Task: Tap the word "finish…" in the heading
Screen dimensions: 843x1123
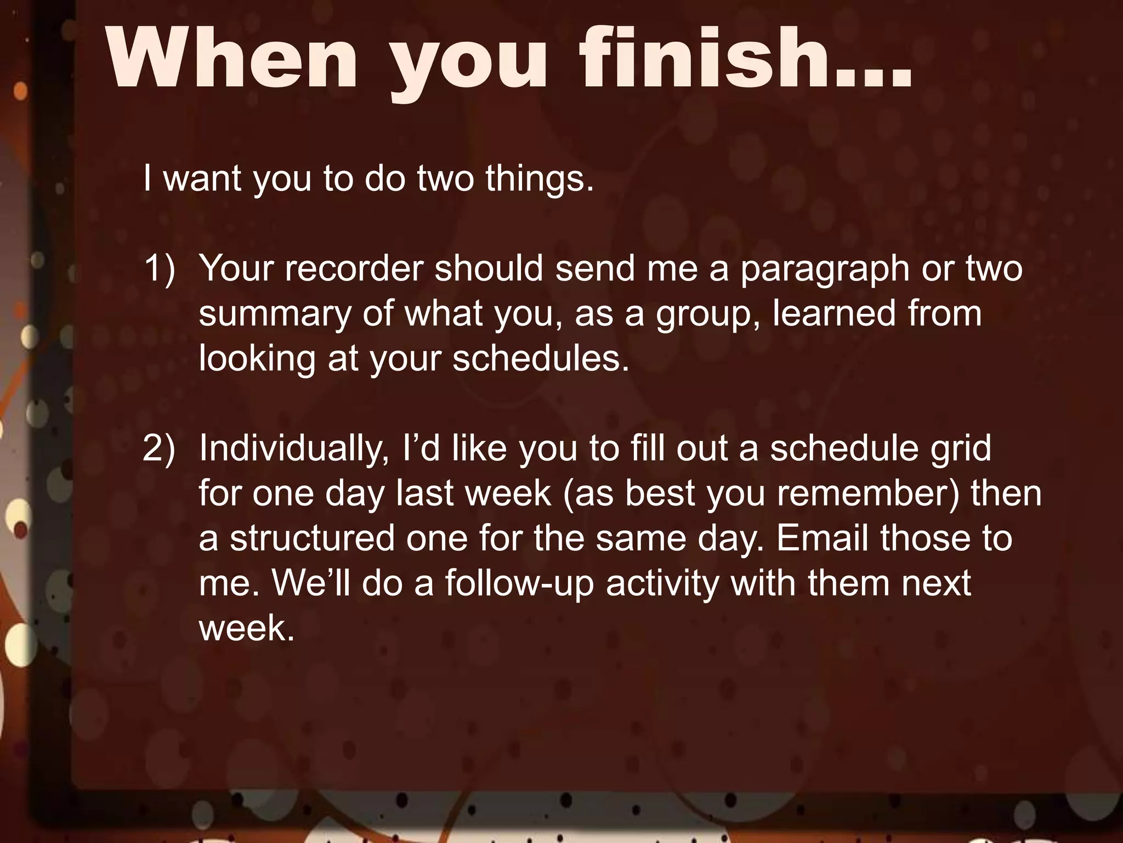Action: point(746,58)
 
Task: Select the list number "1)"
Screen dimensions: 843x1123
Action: point(160,268)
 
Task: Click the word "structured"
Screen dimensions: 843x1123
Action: point(312,538)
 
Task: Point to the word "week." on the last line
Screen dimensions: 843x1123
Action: point(247,628)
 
